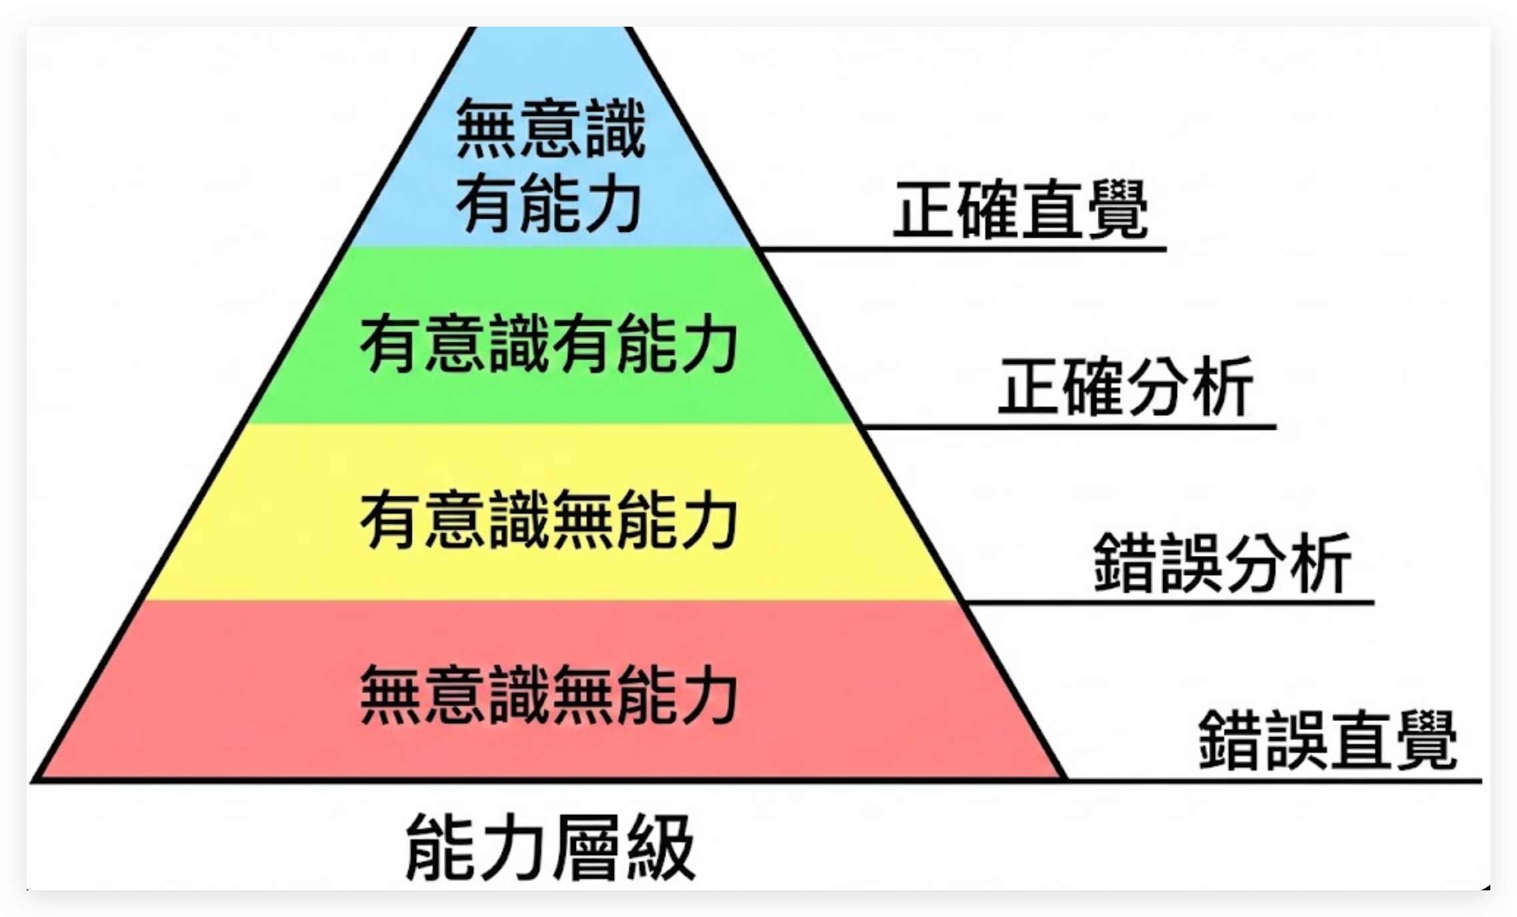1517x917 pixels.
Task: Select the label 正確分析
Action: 1125,387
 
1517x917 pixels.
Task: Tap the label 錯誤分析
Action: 1222,564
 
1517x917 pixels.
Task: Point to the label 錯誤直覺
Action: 1327,740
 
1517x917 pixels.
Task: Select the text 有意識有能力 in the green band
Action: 549,345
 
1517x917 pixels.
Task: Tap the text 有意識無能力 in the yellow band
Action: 549,520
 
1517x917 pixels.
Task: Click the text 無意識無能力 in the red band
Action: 549,696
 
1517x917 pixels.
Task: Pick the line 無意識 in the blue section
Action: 551,129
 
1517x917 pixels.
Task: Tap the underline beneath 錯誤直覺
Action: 1273,780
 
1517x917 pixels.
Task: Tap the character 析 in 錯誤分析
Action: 1319,564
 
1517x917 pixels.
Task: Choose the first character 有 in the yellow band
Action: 389,520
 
